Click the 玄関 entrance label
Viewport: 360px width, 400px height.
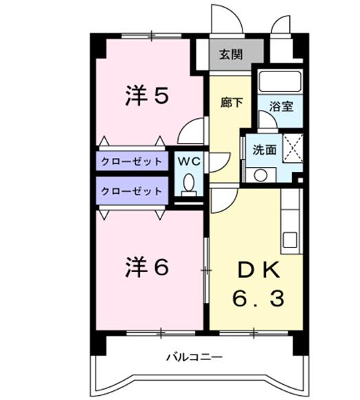[x=231, y=54]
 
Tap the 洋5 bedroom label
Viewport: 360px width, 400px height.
[x=147, y=96]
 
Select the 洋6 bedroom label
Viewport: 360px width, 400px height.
[x=147, y=267]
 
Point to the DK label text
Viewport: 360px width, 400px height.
[x=258, y=270]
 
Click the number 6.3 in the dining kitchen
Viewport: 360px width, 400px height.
[x=258, y=298]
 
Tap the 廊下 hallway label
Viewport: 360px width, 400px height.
[x=232, y=103]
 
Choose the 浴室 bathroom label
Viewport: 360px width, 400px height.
[x=281, y=107]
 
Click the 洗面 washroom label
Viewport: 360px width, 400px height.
[x=265, y=150]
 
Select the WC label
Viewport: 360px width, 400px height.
[x=189, y=162]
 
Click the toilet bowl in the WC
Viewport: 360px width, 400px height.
[x=189, y=184]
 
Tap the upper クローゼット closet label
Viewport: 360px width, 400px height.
[x=131, y=162]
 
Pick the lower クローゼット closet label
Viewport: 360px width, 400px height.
[x=131, y=191]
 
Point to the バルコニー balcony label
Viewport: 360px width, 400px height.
[x=194, y=357]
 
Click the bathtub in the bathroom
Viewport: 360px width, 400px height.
[x=280, y=81]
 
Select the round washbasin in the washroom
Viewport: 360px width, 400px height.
[x=261, y=175]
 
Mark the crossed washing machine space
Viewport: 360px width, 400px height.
[x=293, y=148]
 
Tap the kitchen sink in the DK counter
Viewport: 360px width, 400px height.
[x=290, y=240]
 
